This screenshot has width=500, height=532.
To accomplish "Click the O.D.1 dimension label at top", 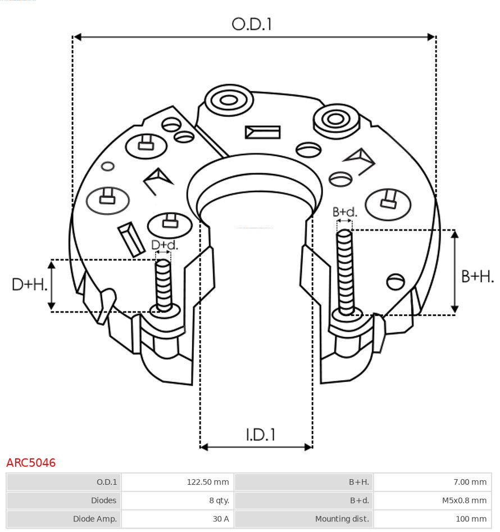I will pyautogui.click(x=252, y=24).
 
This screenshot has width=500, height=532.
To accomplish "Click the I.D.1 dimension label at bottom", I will pyautogui.click(x=260, y=434).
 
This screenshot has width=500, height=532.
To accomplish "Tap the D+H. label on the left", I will pyautogui.click(x=29, y=285).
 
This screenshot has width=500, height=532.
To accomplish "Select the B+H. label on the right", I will pyautogui.click(x=477, y=276).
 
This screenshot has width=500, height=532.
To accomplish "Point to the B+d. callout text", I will pyautogui.click(x=344, y=212).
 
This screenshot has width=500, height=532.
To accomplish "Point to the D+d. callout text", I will pyautogui.click(x=164, y=245).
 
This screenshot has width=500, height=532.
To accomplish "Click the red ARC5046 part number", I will pyautogui.click(x=31, y=463).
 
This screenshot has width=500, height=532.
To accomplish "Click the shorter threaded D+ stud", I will pyautogui.click(x=163, y=285).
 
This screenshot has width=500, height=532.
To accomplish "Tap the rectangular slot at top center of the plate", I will pyautogui.click(x=262, y=132).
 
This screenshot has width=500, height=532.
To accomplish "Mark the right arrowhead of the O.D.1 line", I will pyautogui.click(x=431, y=37).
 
